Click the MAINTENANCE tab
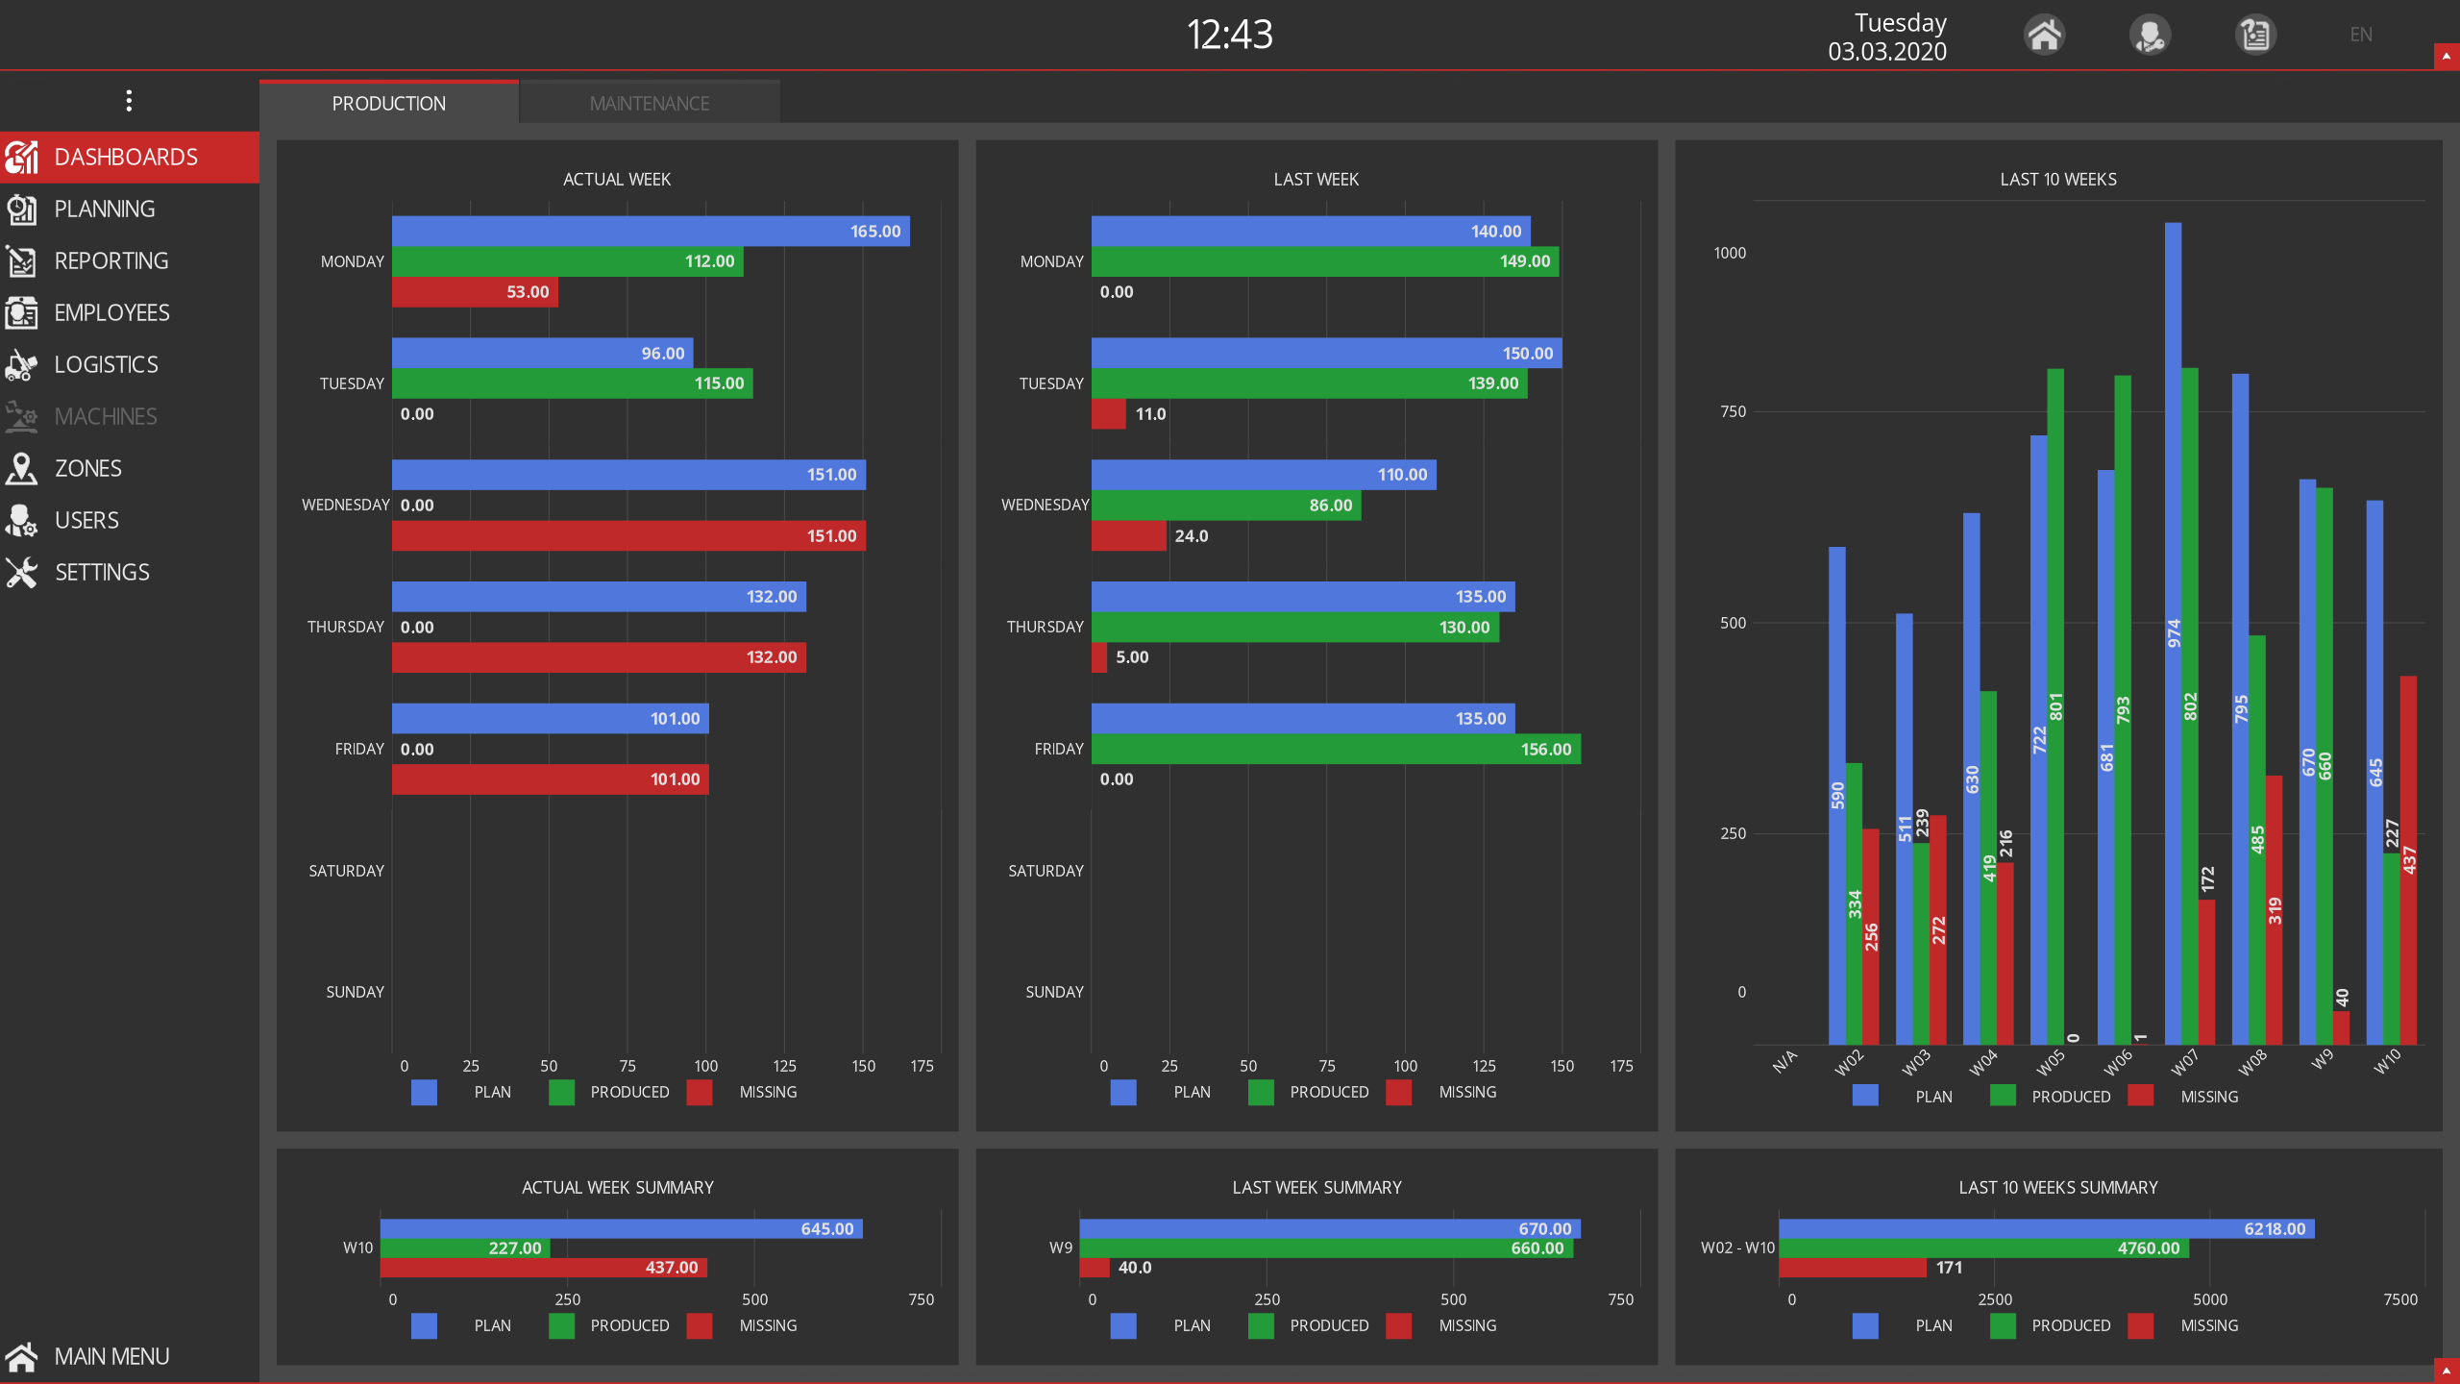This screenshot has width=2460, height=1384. [x=650, y=103]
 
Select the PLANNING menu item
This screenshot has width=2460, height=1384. [x=104, y=209]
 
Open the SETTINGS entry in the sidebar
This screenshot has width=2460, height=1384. [x=101, y=572]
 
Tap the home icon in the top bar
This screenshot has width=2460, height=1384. [x=2044, y=36]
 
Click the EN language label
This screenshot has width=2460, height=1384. [x=2360, y=36]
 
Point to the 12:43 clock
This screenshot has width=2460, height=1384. [x=1229, y=35]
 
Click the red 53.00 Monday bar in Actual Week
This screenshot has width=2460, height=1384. [x=475, y=292]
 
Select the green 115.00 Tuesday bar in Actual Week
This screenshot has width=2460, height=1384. [x=572, y=383]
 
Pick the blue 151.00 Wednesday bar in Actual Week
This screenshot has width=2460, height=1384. [x=628, y=475]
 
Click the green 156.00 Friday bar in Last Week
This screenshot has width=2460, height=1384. [x=1336, y=750]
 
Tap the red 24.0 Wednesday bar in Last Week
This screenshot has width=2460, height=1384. [x=1128, y=536]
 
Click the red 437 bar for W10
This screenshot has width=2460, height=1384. [x=2408, y=860]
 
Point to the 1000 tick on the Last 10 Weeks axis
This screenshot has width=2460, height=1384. [x=1730, y=253]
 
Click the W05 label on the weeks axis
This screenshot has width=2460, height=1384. [x=2050, y=1063]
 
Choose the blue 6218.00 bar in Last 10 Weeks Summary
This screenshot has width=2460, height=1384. [x=2046, y=1229]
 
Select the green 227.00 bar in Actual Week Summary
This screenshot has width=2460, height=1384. [x=465, y=1248]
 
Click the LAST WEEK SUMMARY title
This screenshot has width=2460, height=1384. [x=1316, y=1188]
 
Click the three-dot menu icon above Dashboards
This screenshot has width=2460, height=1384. [x=129, y=101]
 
